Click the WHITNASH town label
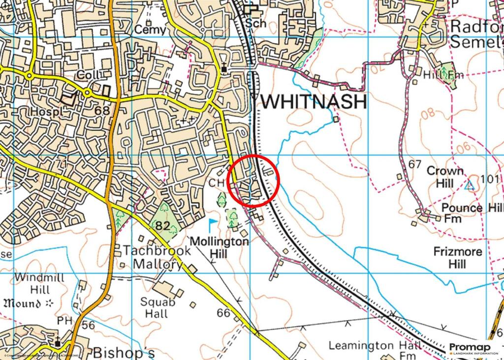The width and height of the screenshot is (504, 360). click(x=313, y=102)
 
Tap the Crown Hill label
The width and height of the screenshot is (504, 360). click(x=445, y=177)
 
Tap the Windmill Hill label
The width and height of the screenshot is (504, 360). click(x=39, y=283)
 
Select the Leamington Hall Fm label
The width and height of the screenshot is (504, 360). click(x=375, y=350)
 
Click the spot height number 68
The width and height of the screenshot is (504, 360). click(x=102, y=110)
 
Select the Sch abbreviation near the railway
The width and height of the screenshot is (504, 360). click(x=256, y=23)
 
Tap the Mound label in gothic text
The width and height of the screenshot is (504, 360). click(x=21, y=302)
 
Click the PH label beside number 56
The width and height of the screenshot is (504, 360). click(x=64, y=321)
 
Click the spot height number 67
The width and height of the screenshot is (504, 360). click(x=415, y=164)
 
